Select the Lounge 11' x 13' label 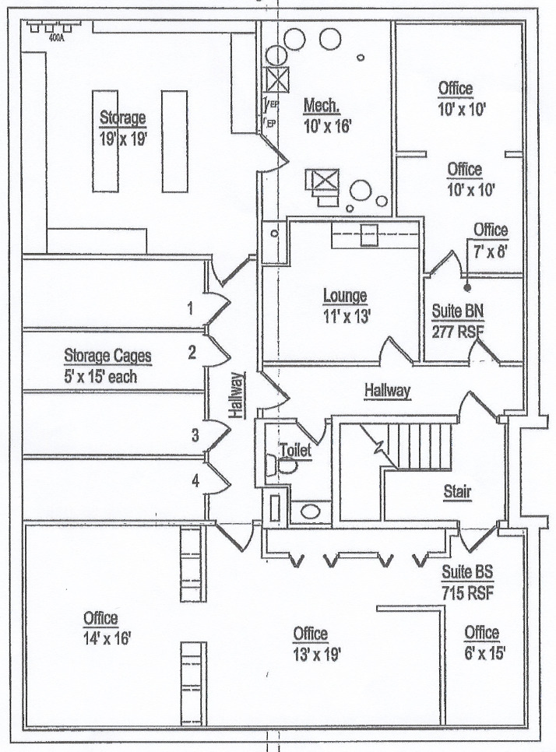345,305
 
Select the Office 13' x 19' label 310,643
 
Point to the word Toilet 295,450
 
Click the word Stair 456,491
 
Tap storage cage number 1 190,307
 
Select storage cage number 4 195,482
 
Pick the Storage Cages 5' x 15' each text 107,364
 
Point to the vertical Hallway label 236,396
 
